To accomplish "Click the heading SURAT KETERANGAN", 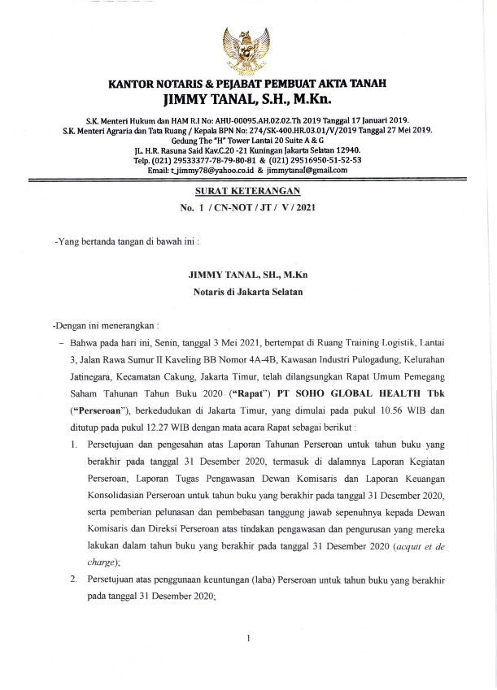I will [248, 192].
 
